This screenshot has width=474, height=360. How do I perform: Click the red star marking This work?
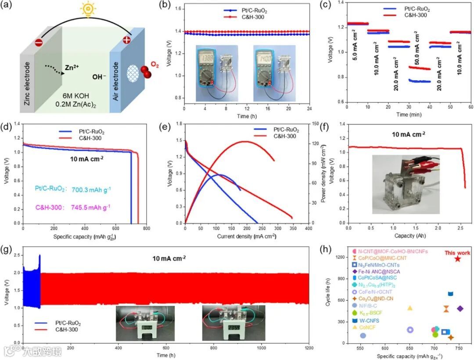click(457, 259)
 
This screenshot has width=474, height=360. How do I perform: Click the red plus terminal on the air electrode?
click(127, 40)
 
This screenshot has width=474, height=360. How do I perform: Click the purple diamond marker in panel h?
click(460, 309)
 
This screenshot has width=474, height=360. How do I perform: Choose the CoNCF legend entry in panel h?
click(369, 327)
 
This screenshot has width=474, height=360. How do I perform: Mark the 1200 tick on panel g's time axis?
click(309, 348)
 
